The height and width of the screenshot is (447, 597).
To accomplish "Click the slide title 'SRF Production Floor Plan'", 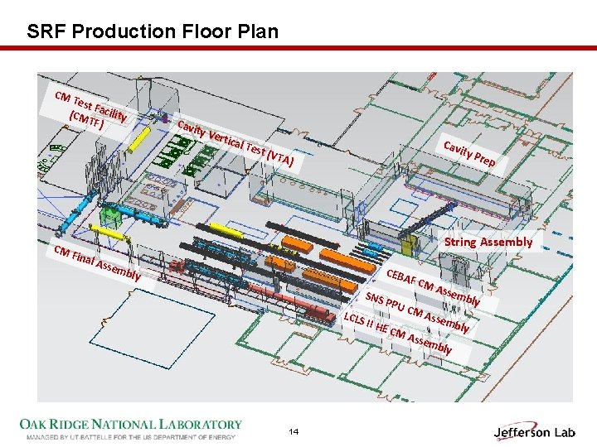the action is [153, 32].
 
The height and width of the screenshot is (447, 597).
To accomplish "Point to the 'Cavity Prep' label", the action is [469, 154].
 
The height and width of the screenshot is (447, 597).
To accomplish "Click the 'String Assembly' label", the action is [488, 242].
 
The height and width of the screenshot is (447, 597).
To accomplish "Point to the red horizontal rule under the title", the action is [298, 49].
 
